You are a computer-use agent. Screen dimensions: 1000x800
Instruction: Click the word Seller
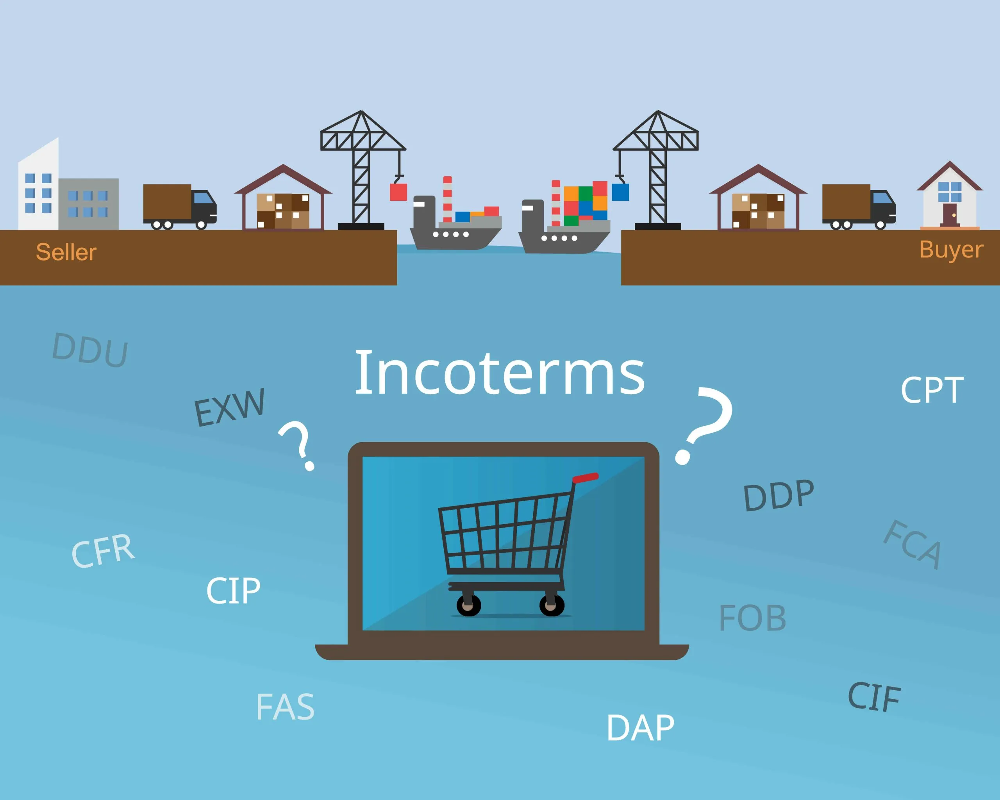(x=66, y=252)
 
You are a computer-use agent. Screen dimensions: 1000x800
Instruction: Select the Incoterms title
(x=500, y=374)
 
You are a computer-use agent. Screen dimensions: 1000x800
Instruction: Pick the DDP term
(x=779, y=495)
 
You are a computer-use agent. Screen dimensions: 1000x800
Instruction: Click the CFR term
(x=103, y=552)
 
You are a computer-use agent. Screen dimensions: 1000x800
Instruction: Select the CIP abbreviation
(x=233, y=591)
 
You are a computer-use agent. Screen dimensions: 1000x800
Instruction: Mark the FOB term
(x=753, y=618)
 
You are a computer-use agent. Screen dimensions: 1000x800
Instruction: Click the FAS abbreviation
(x=286, y=707)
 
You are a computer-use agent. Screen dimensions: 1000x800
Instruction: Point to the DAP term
(x=641, y=728)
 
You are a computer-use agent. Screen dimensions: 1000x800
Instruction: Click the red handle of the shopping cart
(x=585, y=478)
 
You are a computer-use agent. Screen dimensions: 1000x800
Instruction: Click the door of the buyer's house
(x=950, y=214)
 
